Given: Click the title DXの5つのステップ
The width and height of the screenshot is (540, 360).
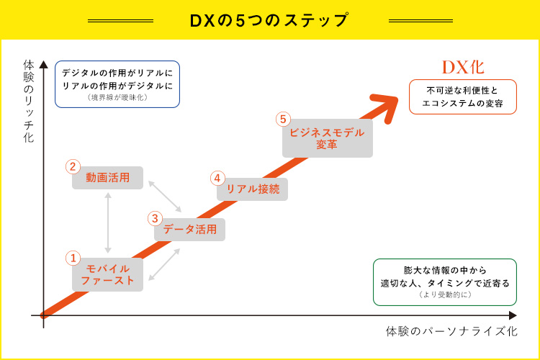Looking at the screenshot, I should (269, 19).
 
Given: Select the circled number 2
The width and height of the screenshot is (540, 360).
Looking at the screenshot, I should (72, 166).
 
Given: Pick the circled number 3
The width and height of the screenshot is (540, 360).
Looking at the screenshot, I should (155, 218).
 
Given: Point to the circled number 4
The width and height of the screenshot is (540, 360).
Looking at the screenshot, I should (217, 178).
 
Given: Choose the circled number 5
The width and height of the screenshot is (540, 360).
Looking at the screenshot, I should (283, 120).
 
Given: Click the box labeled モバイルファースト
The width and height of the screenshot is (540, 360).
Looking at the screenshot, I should (107, 274).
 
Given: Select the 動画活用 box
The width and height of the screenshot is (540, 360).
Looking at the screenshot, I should (108, 178).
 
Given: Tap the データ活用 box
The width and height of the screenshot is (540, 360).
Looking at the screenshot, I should (190, 230).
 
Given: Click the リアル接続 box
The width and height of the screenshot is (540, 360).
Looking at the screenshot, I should (253, 189).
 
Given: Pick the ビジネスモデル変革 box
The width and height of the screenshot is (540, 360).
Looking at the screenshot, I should (327, 139).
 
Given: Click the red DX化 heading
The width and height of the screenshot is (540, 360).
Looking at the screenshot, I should (462, 67).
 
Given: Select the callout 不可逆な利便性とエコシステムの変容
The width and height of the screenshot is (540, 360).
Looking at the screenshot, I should (462, 97).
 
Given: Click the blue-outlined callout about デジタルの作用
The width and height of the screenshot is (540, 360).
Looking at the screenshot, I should (117, 84).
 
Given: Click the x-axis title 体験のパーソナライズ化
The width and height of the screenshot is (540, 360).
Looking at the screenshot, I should (451, 332).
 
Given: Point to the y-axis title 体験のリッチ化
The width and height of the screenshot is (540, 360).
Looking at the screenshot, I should (29, 100).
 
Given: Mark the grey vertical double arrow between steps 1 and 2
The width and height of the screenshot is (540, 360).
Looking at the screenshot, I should (108, 221).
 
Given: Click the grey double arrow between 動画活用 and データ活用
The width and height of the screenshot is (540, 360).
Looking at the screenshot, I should (165, 197).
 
